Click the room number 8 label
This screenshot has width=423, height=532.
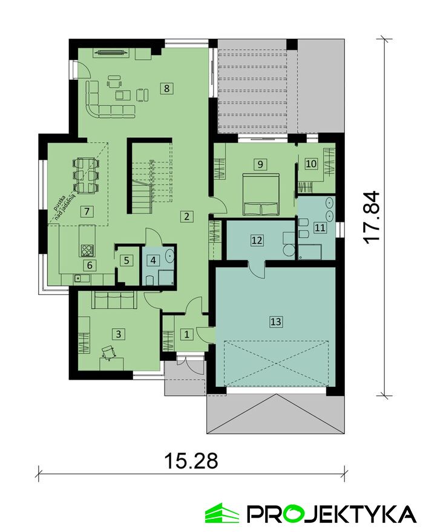tap(166, 88)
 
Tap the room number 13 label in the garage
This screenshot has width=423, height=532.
tap(276, 321)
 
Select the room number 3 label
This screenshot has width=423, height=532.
tap(118, 334)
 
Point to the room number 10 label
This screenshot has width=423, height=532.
tap(311, 164)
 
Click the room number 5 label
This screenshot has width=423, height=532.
tap(126, 261)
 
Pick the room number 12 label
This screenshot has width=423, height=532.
tap(257, 240)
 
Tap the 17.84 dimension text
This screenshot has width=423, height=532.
tap(370, 216)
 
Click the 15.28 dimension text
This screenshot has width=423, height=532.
tap(191, 461)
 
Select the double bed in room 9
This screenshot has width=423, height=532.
tap(261, 195)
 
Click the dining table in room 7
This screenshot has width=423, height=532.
tap(86, 175)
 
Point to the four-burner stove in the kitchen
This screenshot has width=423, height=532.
tap(87, 250)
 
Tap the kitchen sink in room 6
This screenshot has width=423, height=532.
tap(81, 279)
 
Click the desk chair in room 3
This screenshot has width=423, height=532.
tap(109, 351)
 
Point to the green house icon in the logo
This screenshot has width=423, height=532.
tap(222, 514)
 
